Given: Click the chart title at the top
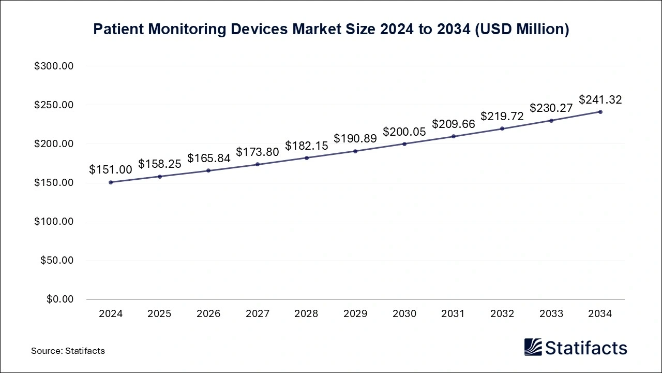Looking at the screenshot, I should (331, 30).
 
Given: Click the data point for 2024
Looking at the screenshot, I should (111, 182).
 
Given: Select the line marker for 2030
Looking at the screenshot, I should (404, 144).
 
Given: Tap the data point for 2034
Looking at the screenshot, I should (600, 112).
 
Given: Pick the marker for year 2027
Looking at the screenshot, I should (258, 164).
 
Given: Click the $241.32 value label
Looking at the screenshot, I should (600, 99).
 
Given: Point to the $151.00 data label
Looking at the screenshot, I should (111, 170).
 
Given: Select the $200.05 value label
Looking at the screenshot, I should (404, 132).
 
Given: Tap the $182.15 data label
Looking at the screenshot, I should (307, 146).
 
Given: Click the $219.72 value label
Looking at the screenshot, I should (502, 116).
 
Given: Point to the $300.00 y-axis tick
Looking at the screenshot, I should (54, 66).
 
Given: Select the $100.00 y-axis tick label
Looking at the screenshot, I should (54, 222).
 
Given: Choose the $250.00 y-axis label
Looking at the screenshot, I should (54, 105).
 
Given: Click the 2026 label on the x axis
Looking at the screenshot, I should (208, 314).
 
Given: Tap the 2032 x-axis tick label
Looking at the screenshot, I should (502, 314).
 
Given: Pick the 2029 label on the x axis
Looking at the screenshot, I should (355, 314).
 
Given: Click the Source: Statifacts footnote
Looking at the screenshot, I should (68, 351).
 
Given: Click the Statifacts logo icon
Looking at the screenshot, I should (533, 347).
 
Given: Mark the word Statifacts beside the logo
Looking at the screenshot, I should (586, 348).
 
